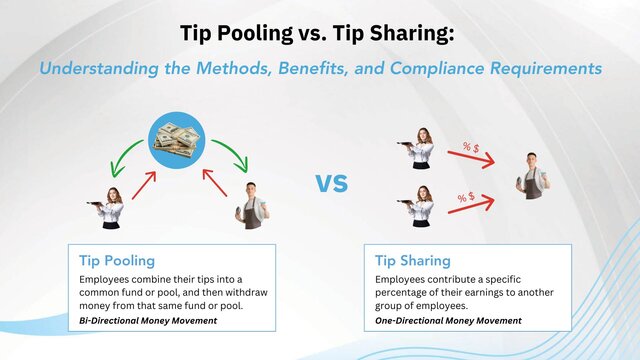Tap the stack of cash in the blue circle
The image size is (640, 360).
pyautogui.click(x=176, y=139)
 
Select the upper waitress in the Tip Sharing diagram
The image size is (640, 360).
pyautogui.click(x=421, y=147)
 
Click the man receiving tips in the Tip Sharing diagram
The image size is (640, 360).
pyautogui.click(x=531, y=176)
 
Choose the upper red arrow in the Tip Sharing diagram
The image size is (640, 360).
pyautogui.click(x=471, y=156)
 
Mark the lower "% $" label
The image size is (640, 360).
pyautogui.click(x=466, y=198)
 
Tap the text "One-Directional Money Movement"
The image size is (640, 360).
pyautogui.click(x=448, y=320)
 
